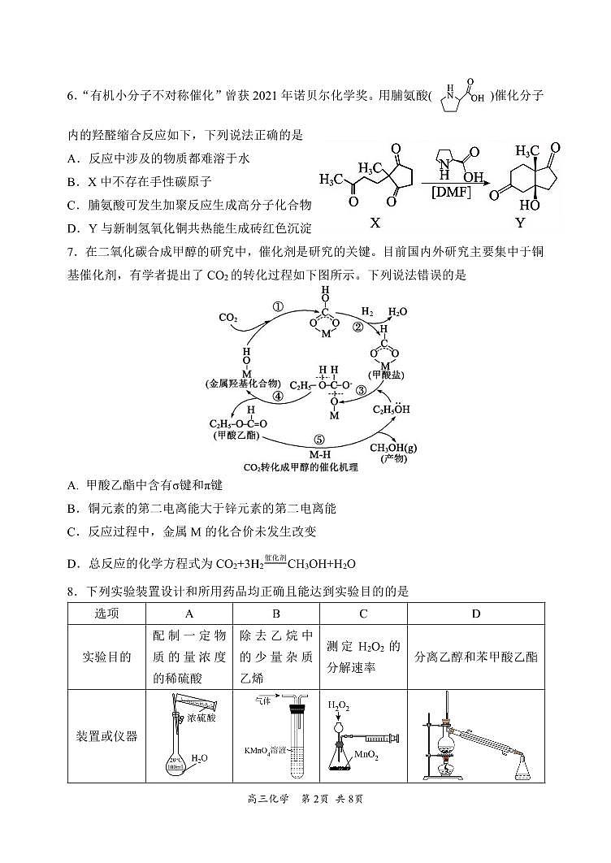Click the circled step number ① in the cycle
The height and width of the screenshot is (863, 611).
277,307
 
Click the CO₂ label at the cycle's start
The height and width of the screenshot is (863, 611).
228,318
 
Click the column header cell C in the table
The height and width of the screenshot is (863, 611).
363,613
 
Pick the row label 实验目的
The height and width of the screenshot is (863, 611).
107,657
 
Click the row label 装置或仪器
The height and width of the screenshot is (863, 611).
107,736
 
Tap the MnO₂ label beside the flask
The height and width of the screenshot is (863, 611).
366,756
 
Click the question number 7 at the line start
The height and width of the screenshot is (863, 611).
72,252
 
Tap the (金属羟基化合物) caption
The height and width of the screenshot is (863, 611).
243,382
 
